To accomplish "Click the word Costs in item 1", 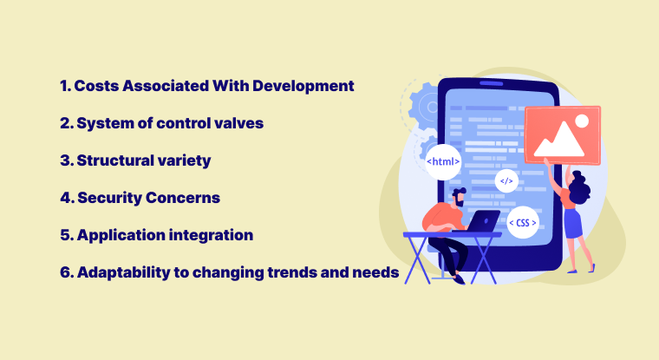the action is point(96,86).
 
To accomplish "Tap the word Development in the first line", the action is point(303,87).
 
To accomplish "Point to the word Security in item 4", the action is point(109,199).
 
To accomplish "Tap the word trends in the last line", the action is point(291,272).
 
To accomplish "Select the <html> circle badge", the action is point(443,162).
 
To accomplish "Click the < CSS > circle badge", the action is point(523,222).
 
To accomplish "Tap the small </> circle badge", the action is point(506,180).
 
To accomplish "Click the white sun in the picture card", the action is point(582,121).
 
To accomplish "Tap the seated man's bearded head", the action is point(459,197).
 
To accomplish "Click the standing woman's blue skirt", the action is point(573,223).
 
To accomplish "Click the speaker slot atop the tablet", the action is point(492,83).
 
